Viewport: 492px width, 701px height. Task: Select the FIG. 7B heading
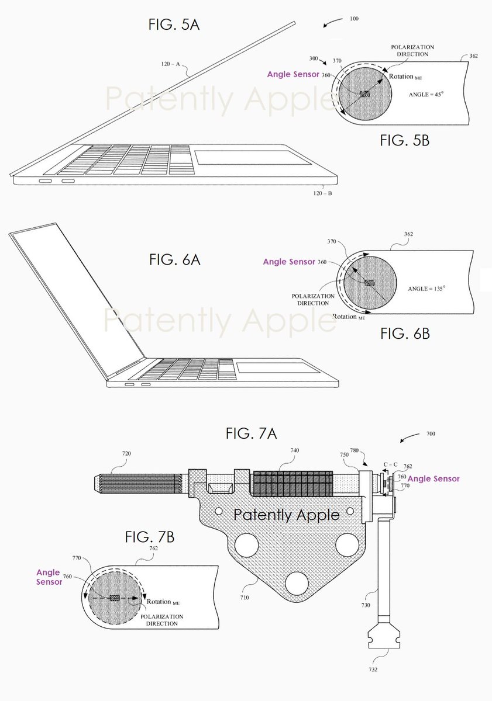(x=149, y=537)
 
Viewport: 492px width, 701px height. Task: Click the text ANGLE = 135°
(x=427, y=288)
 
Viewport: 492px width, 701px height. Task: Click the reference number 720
(x=127, y=453)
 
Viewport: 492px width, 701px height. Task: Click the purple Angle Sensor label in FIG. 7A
(x=433, y=478)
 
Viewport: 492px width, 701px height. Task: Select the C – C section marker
(x=390, y=466)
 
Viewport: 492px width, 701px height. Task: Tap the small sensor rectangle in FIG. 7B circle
(x=114, y=598)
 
